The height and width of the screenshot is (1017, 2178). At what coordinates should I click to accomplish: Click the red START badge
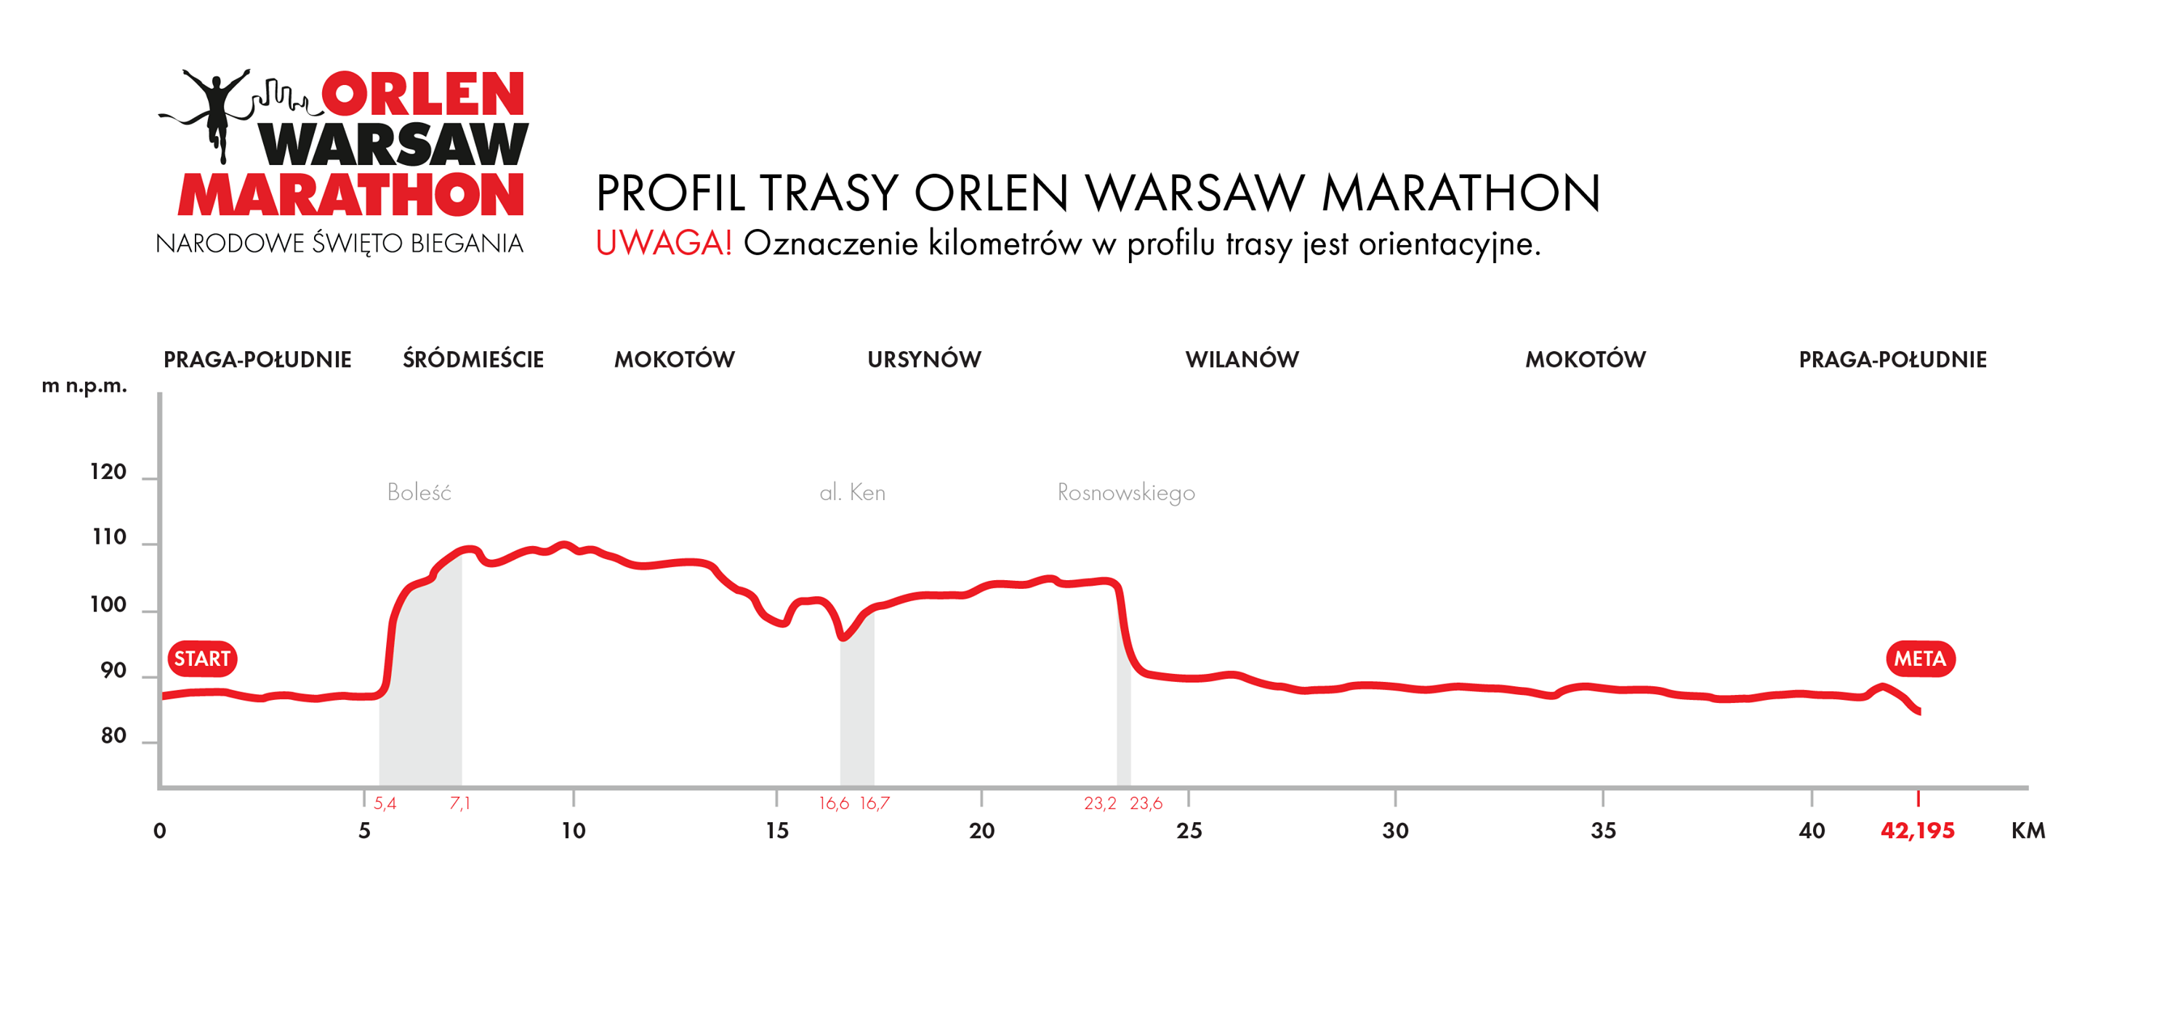coord(202,659)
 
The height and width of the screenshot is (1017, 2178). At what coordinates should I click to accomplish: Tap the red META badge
coord(1919,659)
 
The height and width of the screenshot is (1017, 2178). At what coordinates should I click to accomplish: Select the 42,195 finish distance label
coord(1917,830)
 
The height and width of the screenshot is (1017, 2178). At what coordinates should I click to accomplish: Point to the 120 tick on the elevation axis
coord(108,472)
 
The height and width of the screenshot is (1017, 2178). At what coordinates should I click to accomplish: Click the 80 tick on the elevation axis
coord(113,736)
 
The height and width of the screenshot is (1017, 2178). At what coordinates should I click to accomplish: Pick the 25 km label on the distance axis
coord(1189,830)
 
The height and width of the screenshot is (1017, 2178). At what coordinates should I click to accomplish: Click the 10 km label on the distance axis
coord(574,830)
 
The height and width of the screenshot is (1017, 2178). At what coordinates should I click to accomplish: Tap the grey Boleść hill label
coord(419,492)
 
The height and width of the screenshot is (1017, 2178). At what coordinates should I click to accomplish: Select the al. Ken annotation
coord(852,492)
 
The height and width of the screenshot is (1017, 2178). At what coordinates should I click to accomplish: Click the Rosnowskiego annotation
coord(1125,493)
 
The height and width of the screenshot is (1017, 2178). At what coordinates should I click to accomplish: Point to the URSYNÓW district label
coord(924,359)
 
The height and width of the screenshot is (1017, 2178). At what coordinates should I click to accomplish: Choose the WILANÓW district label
coord(1242,359)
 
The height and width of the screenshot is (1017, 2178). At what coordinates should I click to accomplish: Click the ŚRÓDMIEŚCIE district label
coord(473,359)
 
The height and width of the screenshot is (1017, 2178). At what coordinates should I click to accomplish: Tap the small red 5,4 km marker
coord(385,803)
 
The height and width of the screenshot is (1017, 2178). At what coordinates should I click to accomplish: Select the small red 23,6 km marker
coord(1146,803)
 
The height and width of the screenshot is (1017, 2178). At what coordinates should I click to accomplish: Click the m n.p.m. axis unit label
coord(84,385)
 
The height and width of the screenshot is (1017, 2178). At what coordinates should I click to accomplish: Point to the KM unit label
coord(2028,830)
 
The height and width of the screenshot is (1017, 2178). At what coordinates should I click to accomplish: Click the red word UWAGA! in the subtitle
coord(663,244)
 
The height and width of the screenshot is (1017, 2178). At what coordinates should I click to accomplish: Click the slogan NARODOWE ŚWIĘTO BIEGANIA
coord(339,244)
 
